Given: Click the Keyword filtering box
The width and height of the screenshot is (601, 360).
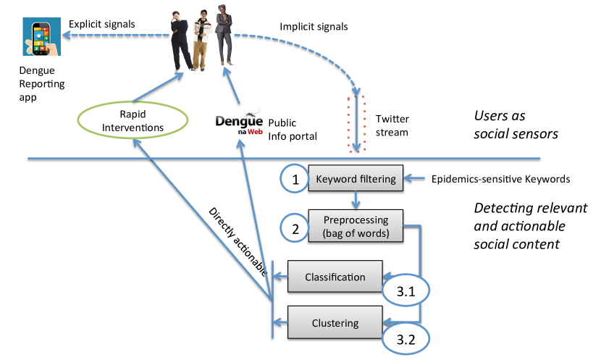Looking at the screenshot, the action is pyautogui.click(x=356, y=178).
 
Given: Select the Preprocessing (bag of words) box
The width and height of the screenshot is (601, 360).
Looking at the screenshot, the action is pyautogui.click(x=356, y=226).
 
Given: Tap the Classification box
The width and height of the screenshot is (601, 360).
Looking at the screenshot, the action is pyautogui.click(x=335, y=277).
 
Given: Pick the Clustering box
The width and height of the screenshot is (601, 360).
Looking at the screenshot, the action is pyautogui.click(x=335, y=322).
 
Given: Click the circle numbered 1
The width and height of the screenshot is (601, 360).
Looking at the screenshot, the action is pyautogui.click(x=295, y=179).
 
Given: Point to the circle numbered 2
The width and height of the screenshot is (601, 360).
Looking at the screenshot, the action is pyautogui.click(x=295, y=228).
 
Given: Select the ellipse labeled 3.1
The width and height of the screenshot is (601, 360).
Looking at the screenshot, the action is pyautogui.click(x=406, y=291).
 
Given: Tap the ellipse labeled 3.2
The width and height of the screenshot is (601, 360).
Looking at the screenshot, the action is pyautogui.click(x=406, y=339).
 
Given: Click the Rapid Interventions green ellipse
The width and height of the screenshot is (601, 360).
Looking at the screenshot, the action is pyautogui.click(x=133, y=120).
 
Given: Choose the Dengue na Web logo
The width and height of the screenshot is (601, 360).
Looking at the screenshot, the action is pyautogui.click(x=239, y=122).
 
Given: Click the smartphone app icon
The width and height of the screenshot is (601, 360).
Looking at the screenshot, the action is pyautogui.click(x=41, y=36).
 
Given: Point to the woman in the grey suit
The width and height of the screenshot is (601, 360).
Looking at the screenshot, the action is pyautogui.click(x=224, y=35).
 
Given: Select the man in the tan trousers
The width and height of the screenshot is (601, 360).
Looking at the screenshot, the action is pyautogui.click(x=201, y=41).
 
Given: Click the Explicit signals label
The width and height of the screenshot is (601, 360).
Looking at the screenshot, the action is pyautogui.click(x=102, y=24).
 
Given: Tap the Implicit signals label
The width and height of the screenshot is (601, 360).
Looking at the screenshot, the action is pyautogui.click(x=314, y=27).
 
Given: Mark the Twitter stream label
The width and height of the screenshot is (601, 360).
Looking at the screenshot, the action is pyautogui.click(x=392, y=125).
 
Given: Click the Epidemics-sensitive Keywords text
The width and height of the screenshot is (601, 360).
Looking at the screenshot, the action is pyautogui.click(x=500, y=179).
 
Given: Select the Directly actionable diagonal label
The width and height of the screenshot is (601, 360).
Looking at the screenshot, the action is pyautogui.click(x=238, y=241).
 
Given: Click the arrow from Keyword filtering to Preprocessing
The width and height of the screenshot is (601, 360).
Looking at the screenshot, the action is pyautogui.click(x=356, y=200).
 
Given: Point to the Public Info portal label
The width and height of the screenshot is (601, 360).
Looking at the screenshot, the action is pyautogui.click(x=293, y=130).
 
